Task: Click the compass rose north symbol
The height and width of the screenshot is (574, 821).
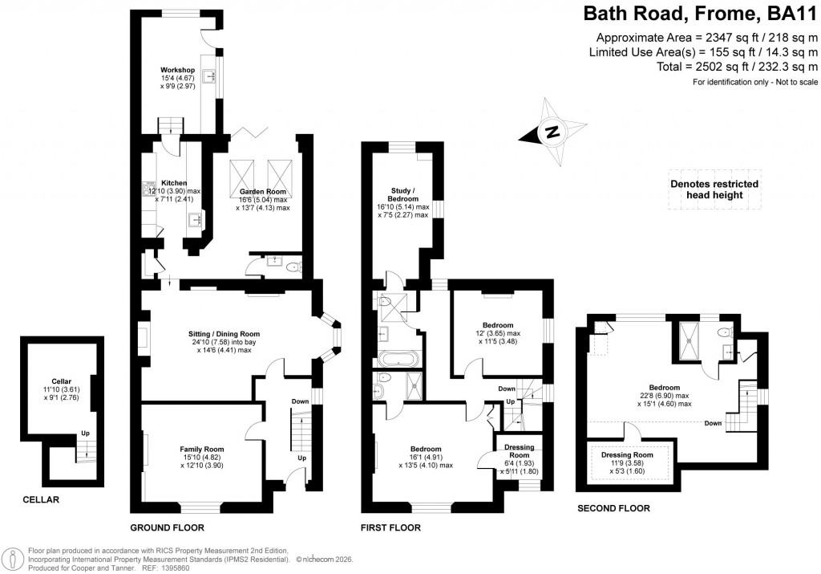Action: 552,132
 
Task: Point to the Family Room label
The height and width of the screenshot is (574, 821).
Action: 202,450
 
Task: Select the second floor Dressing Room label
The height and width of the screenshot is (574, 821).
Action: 627,455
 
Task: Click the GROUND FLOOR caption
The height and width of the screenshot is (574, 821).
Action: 167,528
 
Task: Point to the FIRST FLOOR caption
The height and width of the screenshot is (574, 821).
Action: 391,528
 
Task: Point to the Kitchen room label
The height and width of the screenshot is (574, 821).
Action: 174,182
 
